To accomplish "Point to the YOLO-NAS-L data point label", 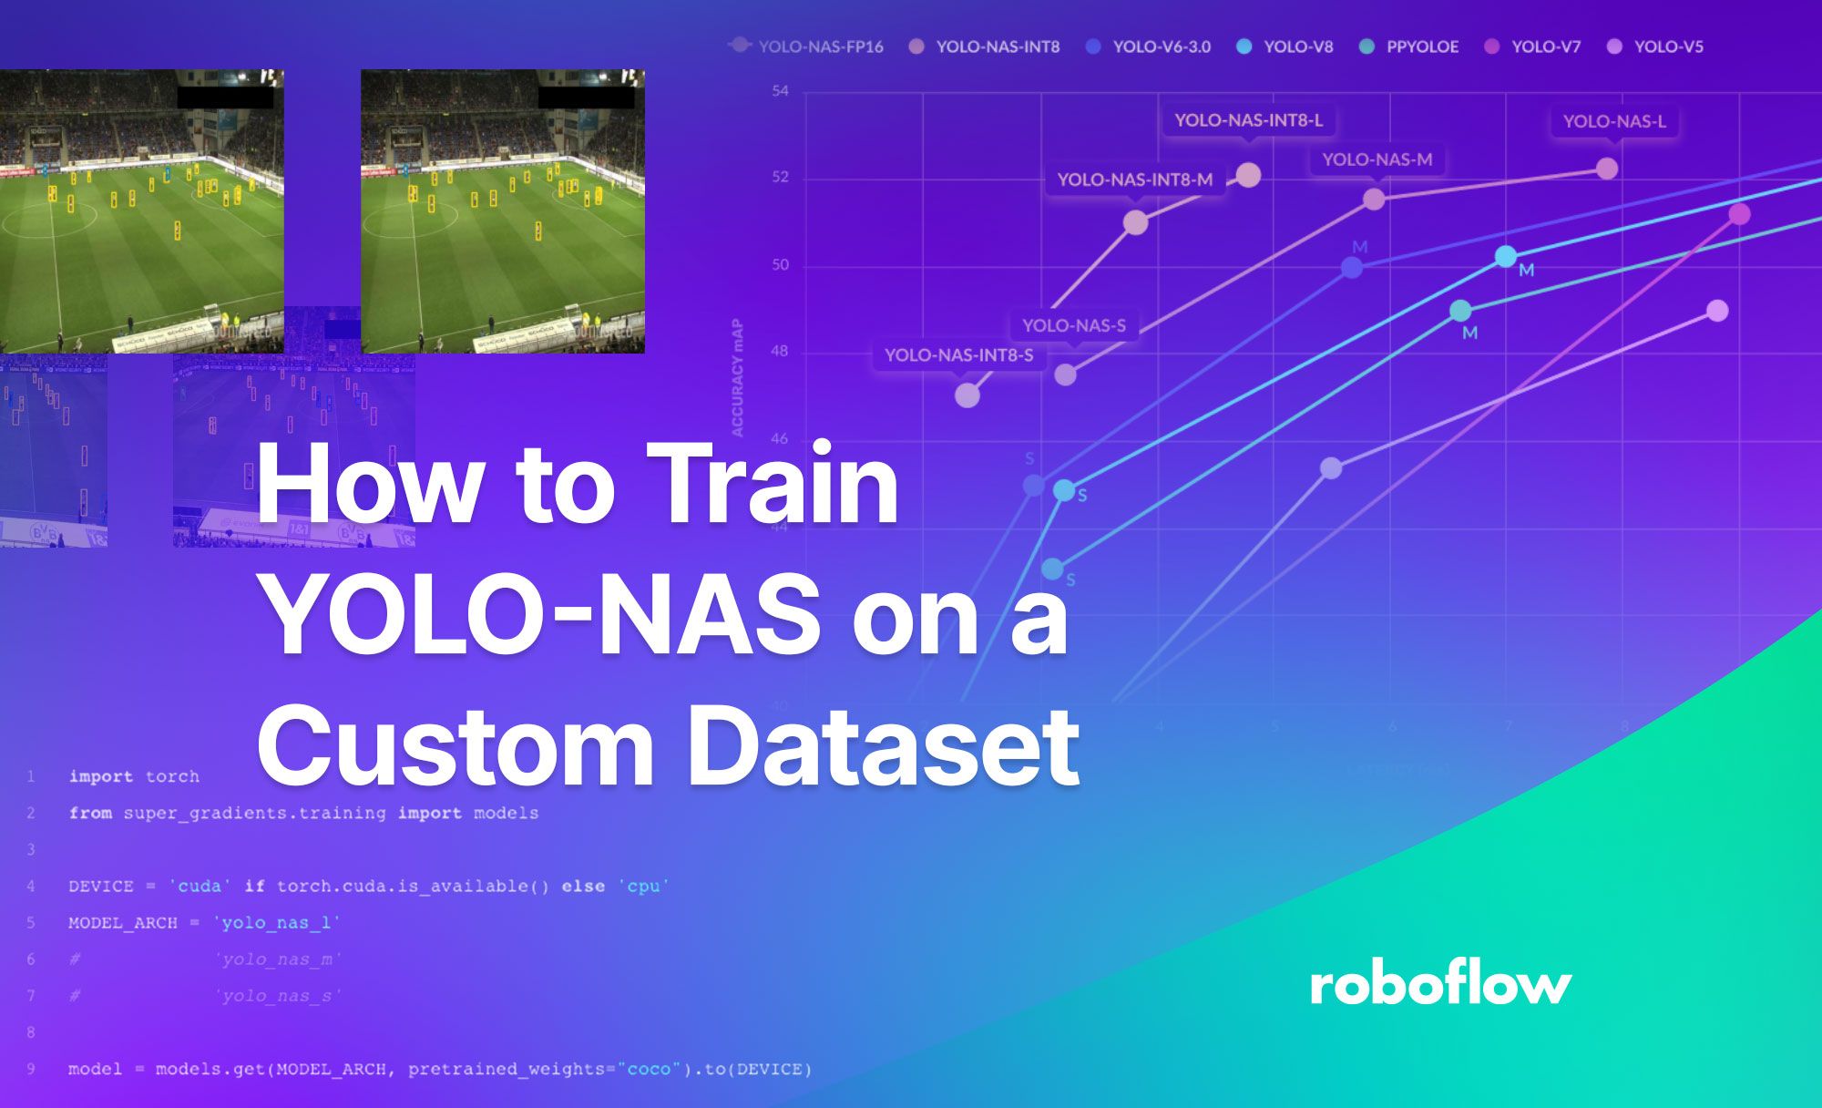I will [x=1613, y=121].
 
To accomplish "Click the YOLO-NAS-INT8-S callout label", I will [x=958, y=354].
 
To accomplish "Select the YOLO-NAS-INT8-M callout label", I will [x=1134, y=180].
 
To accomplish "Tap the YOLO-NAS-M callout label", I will [x=1377, y=159].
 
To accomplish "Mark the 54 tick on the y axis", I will [x=780, y=91].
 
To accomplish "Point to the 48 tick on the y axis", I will [x=780, y=351].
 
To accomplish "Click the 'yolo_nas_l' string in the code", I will [x=277, y=922].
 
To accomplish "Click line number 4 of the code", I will [x=31, y=886].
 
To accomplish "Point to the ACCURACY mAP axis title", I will [x=737, y=377].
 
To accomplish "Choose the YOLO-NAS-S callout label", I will [x=1073, y=325].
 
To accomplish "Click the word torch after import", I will [x=172, y=776].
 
